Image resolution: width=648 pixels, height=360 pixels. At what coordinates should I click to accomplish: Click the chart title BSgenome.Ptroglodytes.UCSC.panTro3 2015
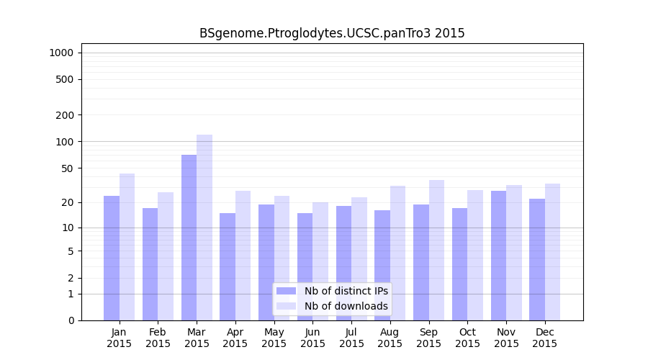(332, 33)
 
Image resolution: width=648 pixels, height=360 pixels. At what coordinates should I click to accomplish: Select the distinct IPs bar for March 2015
(189, 238)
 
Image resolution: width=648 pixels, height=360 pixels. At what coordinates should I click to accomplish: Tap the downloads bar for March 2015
(204, 228)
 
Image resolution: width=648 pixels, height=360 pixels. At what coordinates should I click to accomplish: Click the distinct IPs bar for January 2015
(112, 258)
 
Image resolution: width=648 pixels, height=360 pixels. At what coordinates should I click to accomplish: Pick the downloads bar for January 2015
(127, 247)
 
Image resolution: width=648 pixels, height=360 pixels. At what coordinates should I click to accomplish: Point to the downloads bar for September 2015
(436, 250)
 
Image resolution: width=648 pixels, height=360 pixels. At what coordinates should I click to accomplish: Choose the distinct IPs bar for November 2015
(498, 256)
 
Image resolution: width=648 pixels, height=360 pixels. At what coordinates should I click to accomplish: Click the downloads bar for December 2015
(552, 252)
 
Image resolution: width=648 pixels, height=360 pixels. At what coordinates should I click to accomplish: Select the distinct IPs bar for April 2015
(228, 266)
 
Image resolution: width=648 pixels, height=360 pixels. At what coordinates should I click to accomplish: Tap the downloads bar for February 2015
(166, 256)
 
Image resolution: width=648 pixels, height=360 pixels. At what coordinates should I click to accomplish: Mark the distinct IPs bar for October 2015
(459, 264)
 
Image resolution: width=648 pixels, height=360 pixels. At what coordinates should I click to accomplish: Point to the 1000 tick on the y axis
(61, 53)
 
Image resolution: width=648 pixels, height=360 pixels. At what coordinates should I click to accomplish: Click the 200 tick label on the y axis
(65, 115)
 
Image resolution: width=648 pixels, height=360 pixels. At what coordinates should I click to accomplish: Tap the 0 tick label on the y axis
(71, 320)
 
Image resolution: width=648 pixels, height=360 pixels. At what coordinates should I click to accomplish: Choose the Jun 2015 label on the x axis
(312, 338)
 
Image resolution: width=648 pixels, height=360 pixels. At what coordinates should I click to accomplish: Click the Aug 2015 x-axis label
(390, 338)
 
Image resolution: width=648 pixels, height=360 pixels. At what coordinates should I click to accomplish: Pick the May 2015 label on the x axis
(274, 338)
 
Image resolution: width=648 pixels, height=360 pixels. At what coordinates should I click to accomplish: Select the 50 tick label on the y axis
(68, 168)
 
